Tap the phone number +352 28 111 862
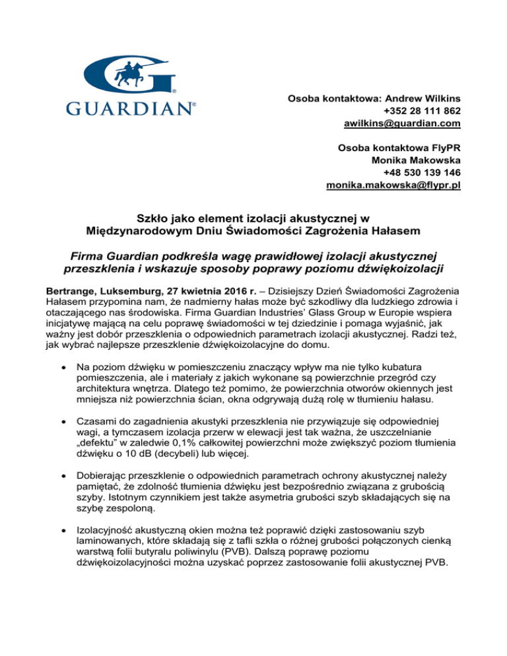pos(422,110)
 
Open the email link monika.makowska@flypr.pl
pos(393,186)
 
